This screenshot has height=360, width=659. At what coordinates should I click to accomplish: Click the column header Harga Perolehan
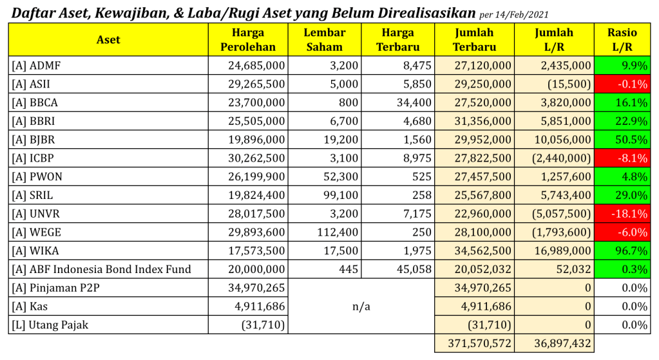point(248,39)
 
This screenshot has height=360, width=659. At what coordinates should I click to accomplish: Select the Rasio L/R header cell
point(622,39)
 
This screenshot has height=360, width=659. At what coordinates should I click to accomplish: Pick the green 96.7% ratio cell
point(622,251)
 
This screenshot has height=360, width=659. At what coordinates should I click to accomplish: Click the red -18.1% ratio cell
point(622,213)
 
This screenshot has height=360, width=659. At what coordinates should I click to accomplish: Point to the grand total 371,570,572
point(474,343)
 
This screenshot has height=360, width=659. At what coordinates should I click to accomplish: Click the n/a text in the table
point(361,307)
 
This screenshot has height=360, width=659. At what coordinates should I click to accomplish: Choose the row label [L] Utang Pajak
point(50,325)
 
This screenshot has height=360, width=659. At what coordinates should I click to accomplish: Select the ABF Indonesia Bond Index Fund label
point(101,269)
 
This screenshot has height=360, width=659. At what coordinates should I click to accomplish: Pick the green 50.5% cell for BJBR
point(622,139)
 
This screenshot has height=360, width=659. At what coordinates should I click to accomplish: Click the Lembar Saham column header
point(325,39)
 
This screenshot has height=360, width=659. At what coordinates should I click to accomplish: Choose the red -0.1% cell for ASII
point(622,84)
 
